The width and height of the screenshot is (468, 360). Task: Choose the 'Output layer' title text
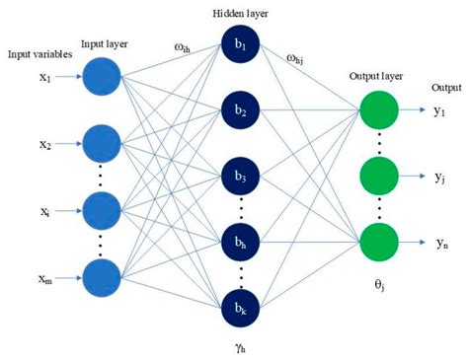pyautogui.click(x=379, y=75)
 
